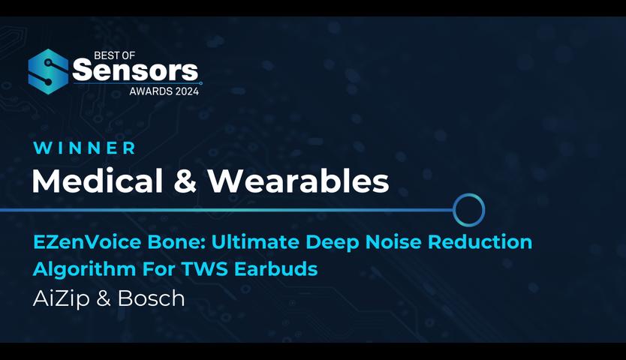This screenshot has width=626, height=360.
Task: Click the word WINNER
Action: point(84,148)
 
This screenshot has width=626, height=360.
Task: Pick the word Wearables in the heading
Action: point(299,181)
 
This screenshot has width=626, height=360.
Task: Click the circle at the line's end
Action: point(469,209)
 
